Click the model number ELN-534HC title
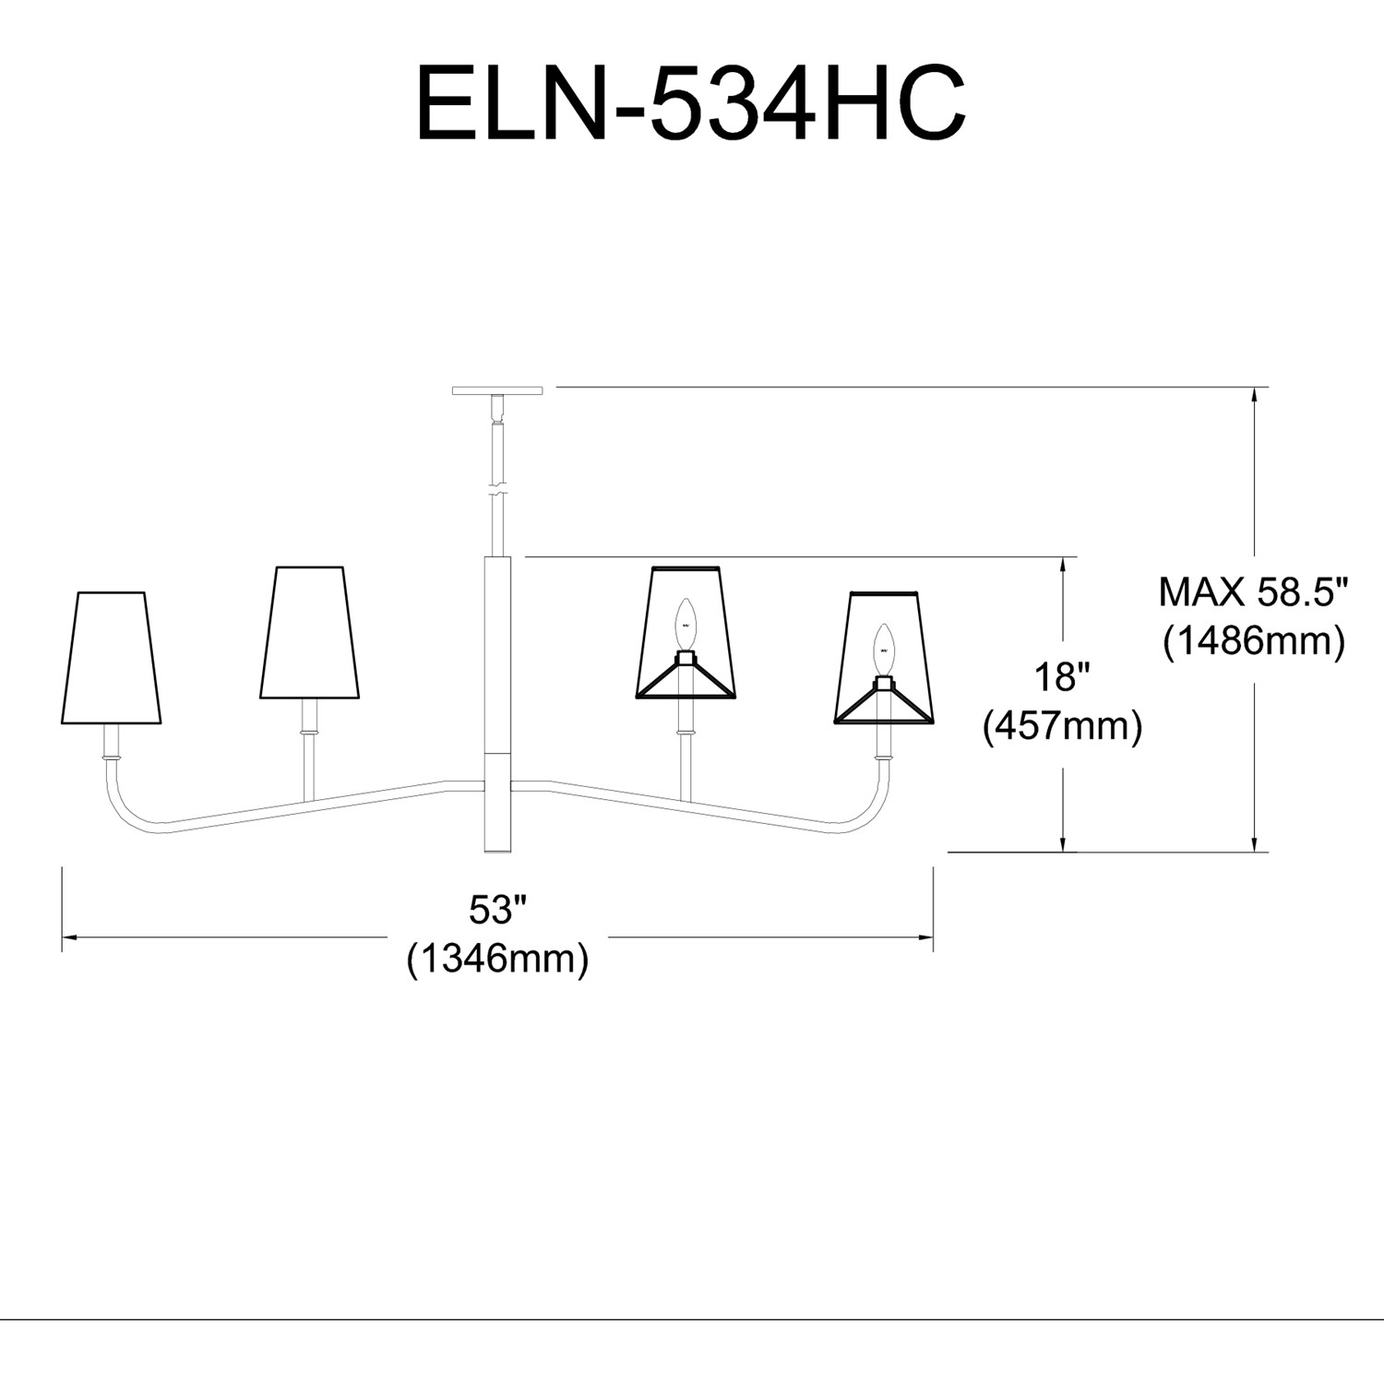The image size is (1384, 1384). pyautogui.click(x=691, y=103)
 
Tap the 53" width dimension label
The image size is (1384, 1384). pyautogui.click(x=497, y=910)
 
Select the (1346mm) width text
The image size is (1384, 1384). pyautogui.click(x=497, y=960)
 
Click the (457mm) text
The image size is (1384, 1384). pyautogui.click(x=1062, y=726)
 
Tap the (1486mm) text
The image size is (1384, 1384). pyautogui.click(x=1254, y=640)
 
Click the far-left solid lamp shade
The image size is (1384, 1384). pyautogui.click(x=111, y=658)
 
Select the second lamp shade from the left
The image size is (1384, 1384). pyautogui.click(x=309, y=633)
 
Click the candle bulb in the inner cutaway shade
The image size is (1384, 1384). pyautogui.click(x=685, y=624)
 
